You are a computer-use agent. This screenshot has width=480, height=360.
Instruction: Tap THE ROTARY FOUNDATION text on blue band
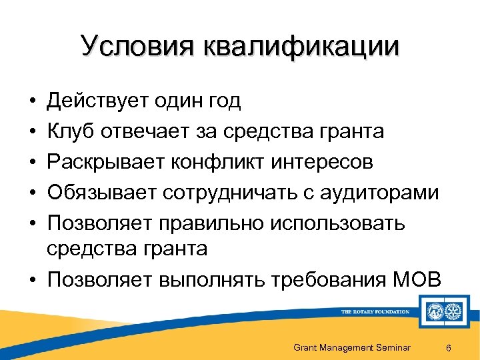(x=375, y=311)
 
